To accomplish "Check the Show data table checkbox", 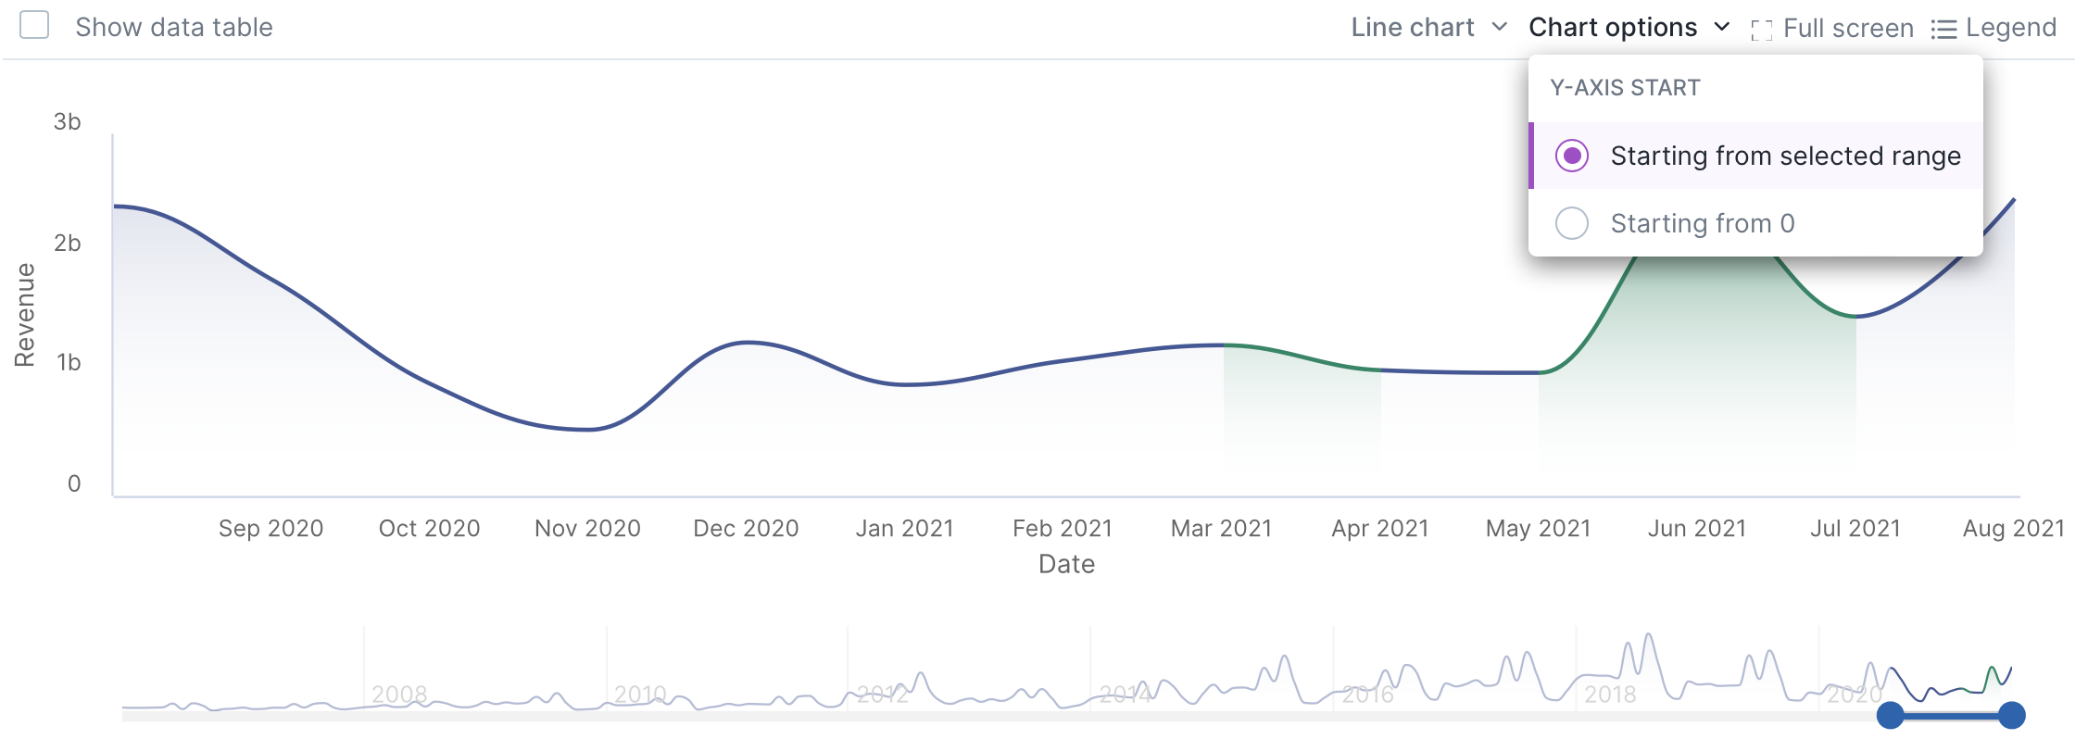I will (x=34, y=25).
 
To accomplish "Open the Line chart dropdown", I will (x=1428, y=28).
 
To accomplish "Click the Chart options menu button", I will (x=1629, y=28).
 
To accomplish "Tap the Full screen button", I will (x=1832, y=29).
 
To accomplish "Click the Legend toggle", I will (x=1994, y=29).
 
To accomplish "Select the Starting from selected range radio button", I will (x=1572, y=156).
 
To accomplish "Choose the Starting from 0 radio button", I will (x=1572, y=223).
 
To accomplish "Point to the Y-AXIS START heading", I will (x=1625, y=88).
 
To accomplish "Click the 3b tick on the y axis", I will (x=68, y=121).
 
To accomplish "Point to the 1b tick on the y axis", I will (x=69, y=362).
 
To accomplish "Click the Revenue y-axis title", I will (x=25, y=315).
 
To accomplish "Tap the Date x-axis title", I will (x=1066, y=564).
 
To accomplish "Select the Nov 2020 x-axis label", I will (x=587, y=528).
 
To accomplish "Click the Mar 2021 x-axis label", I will (x=1221, y=528).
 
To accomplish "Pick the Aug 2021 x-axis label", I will (x=2013, y=528).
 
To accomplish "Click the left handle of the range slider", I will (x=1890, y=715).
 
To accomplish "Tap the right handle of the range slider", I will (x=2011, y=715).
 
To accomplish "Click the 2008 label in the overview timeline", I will (x=399, y=694).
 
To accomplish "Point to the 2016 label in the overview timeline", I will (x=1367, y=694).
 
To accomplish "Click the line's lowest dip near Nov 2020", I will (x=588, y=430).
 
